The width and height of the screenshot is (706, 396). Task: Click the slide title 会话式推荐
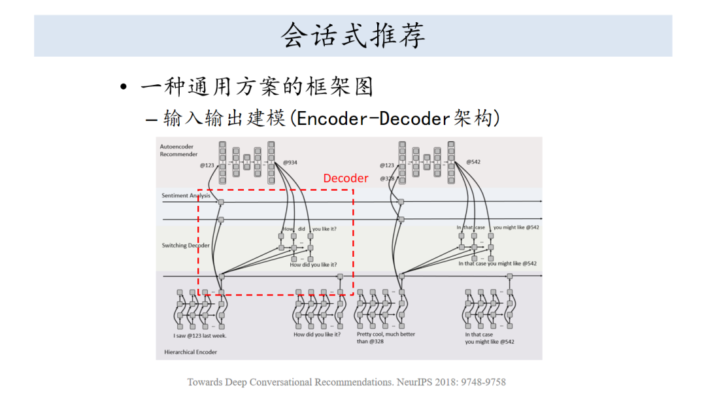pyautogui.click(x=353, y=35)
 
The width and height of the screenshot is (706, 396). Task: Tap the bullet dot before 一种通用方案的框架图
pyautogui.click(x=124, y=88)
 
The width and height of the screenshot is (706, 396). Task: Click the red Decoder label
pyautogui.click(x=346, y=178)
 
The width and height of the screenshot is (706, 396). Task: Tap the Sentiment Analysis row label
pyautogui.click(x=186, y=195)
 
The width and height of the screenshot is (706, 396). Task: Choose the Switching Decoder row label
pyautogui.click(x=186, y=246)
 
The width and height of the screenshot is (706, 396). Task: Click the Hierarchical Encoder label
pyautogui.click(x=191, y=352)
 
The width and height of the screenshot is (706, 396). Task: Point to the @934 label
pyautogui.click(x=290, y=162)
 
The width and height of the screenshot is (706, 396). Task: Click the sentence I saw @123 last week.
pyautogui.click(x=200, y=335)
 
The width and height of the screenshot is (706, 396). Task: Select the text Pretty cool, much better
pyautogui.click(x=386, y=334)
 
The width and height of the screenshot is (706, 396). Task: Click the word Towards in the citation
pyautogui.click(x=205, y=382)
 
